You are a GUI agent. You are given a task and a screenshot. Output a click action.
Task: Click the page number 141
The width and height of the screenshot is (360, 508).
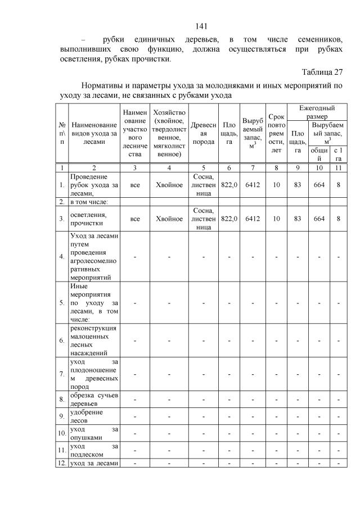201,26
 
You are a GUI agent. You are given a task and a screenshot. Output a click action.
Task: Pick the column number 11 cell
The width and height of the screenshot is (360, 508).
339,167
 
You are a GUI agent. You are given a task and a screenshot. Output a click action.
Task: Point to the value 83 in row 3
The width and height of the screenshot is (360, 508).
298,219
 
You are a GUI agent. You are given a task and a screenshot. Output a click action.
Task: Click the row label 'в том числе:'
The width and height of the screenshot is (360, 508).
89,201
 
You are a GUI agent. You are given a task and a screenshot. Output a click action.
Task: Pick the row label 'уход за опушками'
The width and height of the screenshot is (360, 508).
93,433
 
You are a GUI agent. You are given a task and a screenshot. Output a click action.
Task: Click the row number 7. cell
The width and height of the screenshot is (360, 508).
61,373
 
